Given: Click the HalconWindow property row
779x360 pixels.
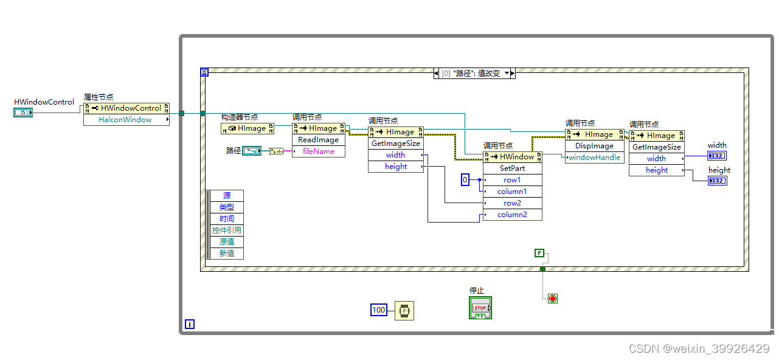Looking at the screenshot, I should click(x=126, y=120).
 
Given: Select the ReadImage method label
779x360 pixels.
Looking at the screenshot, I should click(x=319, y=140).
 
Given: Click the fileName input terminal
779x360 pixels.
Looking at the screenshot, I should click(x=319, y=151).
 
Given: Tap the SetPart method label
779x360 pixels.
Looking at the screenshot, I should click(x=512, y=168).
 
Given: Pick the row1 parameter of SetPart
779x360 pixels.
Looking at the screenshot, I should click(x=512, y=180).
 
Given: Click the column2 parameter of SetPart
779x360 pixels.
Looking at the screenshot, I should click(x=512, y=215).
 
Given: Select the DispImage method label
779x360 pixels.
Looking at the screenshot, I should click(x=594, y=146).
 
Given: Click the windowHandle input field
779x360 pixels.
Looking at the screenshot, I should click(x=594, y=157).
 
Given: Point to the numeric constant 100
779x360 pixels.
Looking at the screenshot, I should click(x=379, y=310).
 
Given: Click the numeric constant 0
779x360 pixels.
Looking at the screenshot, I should click(x=465, y=180).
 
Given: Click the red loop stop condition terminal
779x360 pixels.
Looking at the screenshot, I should click(x=552, y=299).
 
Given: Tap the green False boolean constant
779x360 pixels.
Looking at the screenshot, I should click(x=539, y=253).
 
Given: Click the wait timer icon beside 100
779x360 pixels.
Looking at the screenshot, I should click(x=404, y=311).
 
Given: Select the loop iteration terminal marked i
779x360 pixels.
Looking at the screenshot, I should click(x=190, y=325).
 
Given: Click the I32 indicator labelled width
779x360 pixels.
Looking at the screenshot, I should click(x=716, y=156).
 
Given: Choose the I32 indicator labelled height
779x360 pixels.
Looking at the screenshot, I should click(x=717, y=181).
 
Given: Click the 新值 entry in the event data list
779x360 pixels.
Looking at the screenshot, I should click(x=226, y=254).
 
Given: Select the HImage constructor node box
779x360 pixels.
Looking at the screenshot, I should click(x=248, y=128).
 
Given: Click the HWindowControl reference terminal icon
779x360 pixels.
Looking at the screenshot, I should click(x=23, y=112).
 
